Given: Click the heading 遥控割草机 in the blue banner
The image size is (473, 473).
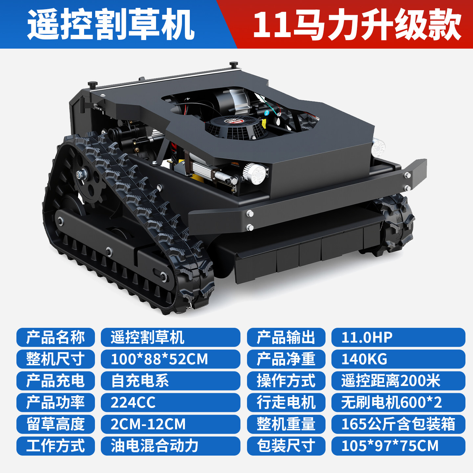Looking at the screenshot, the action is click(111, 25).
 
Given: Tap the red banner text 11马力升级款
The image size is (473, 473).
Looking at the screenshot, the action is click(357, 25).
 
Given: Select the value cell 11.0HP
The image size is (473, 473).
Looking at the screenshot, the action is click(398, 337).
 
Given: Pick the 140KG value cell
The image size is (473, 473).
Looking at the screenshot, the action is click(398, 359).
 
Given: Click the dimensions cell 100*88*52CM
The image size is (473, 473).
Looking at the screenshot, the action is click(170, 359).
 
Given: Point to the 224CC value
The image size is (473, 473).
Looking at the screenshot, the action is click(170, 402).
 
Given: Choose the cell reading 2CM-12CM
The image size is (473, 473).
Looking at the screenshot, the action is click(170, 424).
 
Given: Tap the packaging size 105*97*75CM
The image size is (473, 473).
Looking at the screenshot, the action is click(398, 446).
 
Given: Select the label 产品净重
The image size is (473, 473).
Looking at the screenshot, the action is click(286, 359).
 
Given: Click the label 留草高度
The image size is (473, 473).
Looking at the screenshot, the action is click(56, 424).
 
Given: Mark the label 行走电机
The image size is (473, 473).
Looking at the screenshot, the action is click(286, 402).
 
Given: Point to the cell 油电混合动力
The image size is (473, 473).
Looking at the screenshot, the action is click(170, 446).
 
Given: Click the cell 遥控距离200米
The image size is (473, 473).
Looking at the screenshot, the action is click(398, 381).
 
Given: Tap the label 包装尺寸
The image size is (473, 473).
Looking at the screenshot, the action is click(286, 446).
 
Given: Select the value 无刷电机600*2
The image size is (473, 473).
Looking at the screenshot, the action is click(398, 402).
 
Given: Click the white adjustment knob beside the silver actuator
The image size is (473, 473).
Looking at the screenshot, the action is click(255, 173).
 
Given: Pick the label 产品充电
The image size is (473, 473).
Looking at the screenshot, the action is click(56, 381).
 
